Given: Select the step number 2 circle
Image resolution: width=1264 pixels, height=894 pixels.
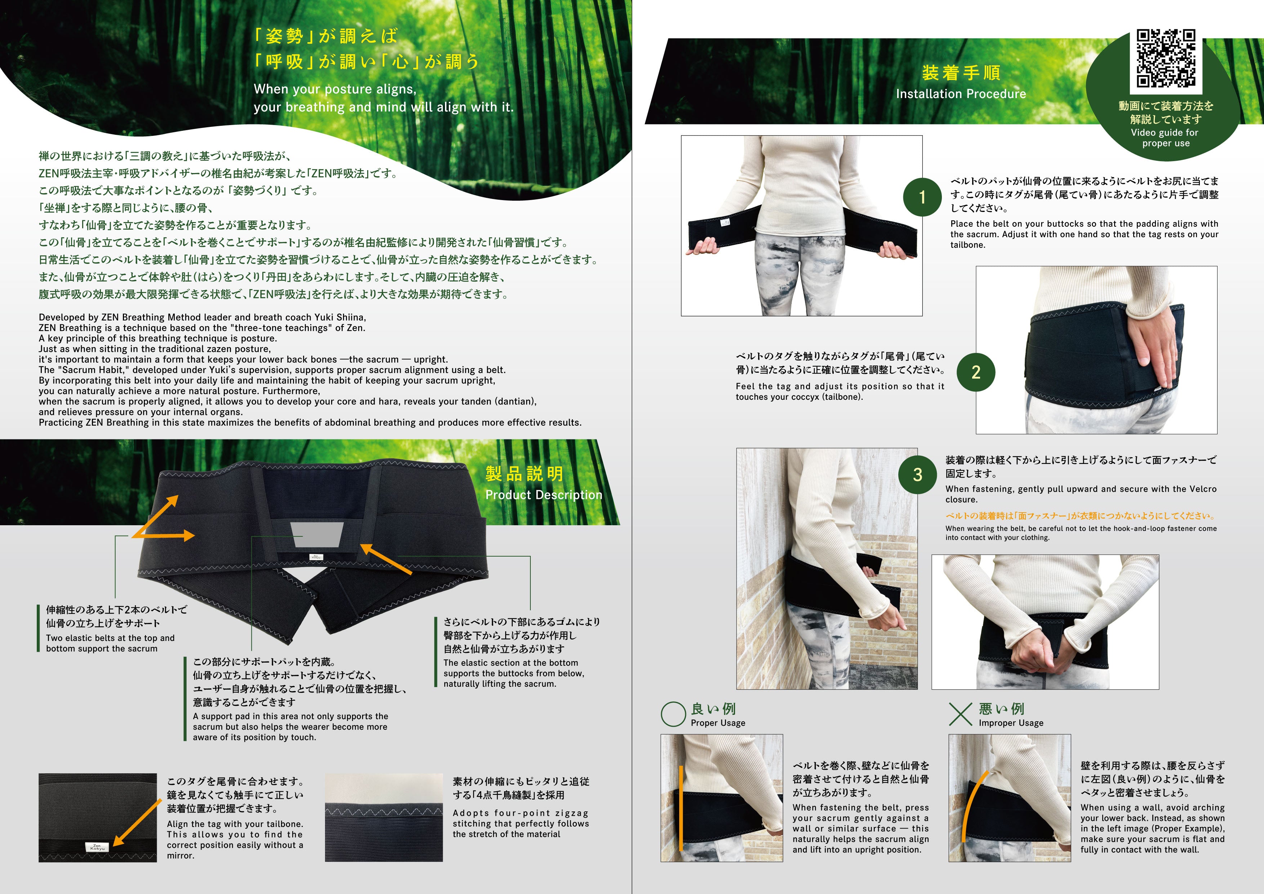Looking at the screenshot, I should point(975,372).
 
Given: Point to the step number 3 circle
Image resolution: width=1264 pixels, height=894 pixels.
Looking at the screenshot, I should point(917,475).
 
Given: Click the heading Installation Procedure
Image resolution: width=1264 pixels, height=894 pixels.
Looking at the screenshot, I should point(961,94).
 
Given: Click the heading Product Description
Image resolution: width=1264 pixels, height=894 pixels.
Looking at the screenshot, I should point(543,495).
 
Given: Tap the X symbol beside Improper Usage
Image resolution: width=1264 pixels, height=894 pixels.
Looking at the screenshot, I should point(960,714).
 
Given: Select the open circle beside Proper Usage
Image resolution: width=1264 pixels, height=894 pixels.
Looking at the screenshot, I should point(673,714).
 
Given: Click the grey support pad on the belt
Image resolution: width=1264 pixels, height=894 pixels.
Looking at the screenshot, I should point(317,534).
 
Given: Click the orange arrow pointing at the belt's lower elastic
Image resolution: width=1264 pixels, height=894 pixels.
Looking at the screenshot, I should point(386,559).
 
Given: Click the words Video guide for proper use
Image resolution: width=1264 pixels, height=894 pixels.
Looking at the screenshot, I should point(1165,138).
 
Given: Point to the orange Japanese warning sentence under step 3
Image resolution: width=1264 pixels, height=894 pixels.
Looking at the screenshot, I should point(1080,515).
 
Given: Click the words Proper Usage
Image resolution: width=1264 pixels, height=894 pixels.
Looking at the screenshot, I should point(718,723).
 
